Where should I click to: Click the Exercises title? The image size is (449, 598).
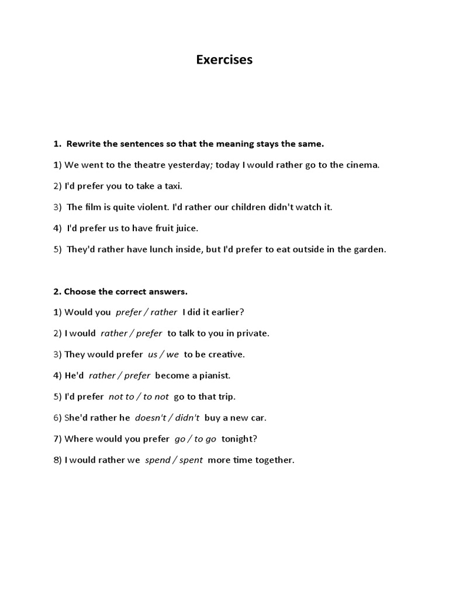(224, 60)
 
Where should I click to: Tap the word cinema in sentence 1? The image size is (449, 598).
(362, 165)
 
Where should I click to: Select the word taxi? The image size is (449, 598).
(174, 186)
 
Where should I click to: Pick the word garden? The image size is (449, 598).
(370, 249)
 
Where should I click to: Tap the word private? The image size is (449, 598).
(253, 333)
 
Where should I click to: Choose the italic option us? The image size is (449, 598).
(153, 354)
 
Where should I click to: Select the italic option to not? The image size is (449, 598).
(156, 397)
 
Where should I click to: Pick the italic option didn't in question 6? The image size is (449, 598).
(187, 418)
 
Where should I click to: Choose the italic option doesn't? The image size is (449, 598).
(150, 418)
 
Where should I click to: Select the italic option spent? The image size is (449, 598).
(191, 460)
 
